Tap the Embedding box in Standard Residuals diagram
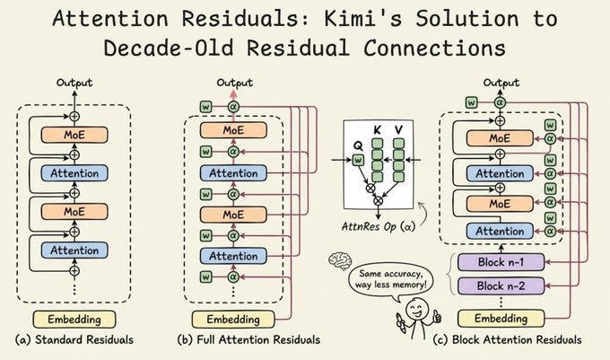pyautogui.click(x=74, y=319)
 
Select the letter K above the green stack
pyautogui.click(x=377, y=131)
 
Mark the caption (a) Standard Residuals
pyautogui.click(x=74, y=340)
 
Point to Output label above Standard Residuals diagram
pyautogui.click(x=74, y=83)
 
